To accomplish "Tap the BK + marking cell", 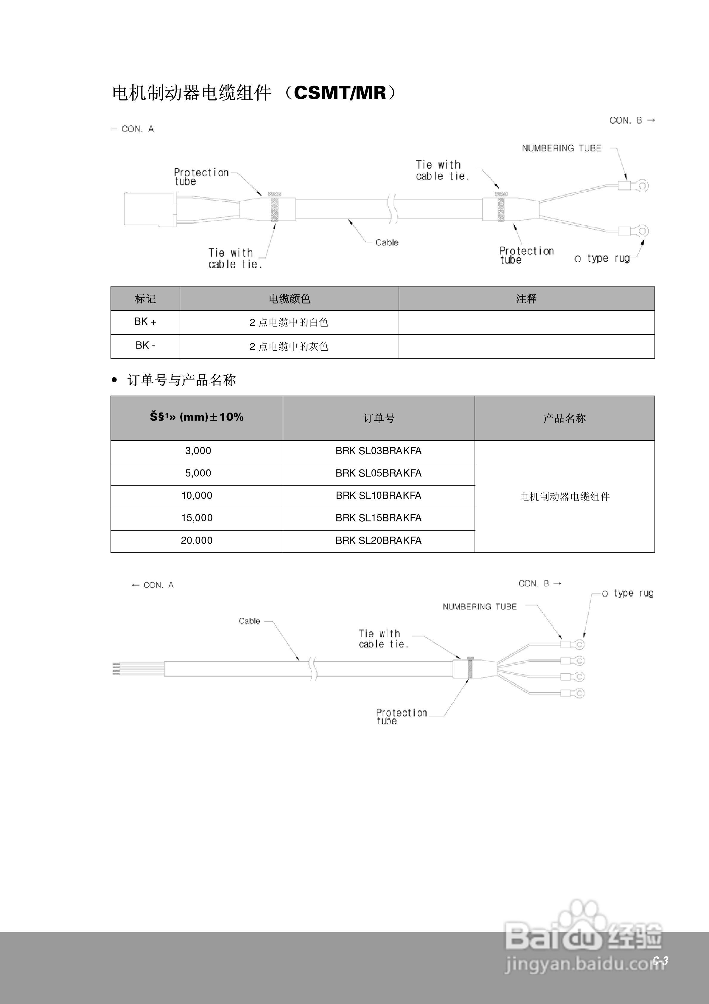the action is pyautogui.click(x=145, y=322).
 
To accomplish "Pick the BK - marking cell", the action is pyautogui.click(x=145, y=345).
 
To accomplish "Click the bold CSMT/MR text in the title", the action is pyautogui.click(x=340, y=93).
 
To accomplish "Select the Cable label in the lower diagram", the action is pyautogui.click(x=249, y=621).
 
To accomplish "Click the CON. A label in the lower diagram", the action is pyautogui.click(x=158, y=585).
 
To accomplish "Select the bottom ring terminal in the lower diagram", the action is pyautogui.click(x=579, y=693).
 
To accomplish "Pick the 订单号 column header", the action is pyautogui.click(x=379, y=419).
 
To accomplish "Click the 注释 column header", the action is pyautogui.click(x=526, y=299).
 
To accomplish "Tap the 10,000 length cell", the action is pyautogui.click(x=197, y=496).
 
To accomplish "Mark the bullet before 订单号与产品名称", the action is pyautogui.click(x=114, y=380).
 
